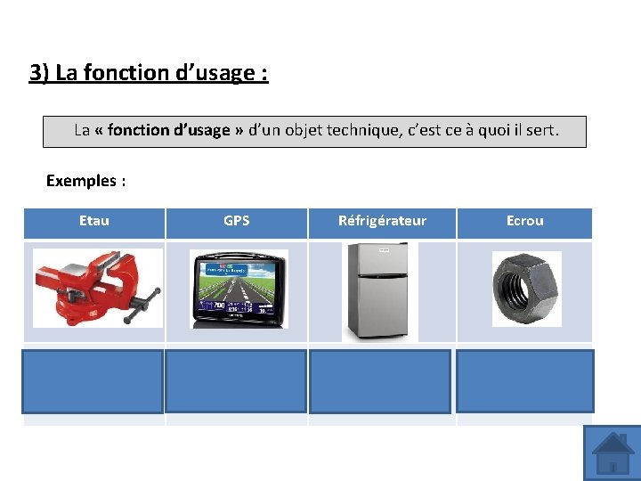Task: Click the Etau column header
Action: point(93,221)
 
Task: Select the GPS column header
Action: point(236,221)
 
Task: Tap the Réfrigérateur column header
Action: point(382,221)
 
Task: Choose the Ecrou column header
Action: point(524,221)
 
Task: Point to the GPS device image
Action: point(238,289)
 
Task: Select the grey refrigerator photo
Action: point(380,291)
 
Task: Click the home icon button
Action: point(613,452)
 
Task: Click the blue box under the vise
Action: point(93,381)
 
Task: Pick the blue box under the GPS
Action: point(236,381)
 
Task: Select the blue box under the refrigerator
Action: point(380,381)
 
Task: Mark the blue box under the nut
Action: point(524,381)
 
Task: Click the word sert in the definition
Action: point(538,130)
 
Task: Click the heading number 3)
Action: point(39,73)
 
